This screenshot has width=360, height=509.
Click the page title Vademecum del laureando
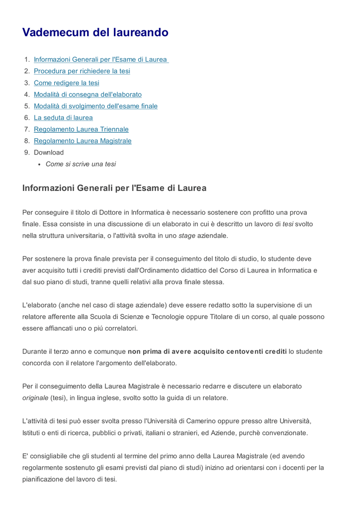95,33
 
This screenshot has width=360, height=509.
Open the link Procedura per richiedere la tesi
82,71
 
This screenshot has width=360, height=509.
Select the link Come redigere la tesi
67,83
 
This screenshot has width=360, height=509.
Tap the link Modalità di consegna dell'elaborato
88,94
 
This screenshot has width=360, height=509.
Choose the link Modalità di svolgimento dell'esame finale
95,106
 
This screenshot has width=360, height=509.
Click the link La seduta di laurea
63,118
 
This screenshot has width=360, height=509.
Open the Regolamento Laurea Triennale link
81,129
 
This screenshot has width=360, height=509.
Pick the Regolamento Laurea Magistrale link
83,141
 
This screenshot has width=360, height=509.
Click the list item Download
49,153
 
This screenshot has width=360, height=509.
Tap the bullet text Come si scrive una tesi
81,164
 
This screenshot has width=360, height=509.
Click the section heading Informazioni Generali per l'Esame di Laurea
114,188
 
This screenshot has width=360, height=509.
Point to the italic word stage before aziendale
187,236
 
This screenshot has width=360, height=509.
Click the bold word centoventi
252,351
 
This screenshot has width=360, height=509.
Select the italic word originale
35,398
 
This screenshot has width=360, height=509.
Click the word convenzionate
283,432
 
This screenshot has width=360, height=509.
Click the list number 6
27,118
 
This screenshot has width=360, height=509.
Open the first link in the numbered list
100,60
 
